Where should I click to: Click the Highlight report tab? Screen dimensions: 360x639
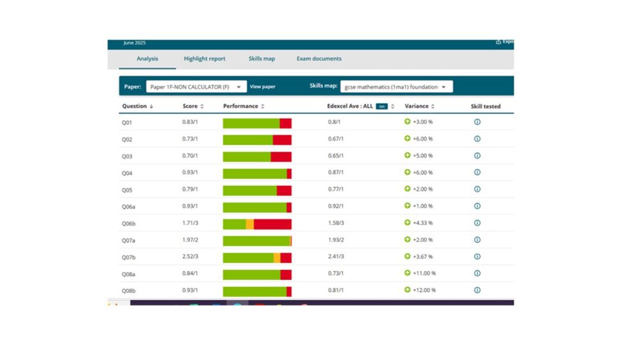pos(204,59)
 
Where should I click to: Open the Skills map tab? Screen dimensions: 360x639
pos(261,59)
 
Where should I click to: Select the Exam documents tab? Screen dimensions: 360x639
pos(319,59)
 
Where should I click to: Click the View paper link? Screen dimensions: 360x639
pos(263,86)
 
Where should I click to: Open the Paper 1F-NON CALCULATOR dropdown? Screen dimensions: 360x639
pos(196,86)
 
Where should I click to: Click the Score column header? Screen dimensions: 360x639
pos(192,106)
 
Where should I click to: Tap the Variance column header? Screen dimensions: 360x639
pos(419,106)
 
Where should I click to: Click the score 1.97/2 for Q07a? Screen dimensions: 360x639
pos(190,240)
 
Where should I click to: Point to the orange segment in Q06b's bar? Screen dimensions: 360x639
pos(250,224)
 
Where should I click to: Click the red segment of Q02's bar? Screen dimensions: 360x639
pos(282,139)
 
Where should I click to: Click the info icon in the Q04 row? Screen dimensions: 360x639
pos(477,173)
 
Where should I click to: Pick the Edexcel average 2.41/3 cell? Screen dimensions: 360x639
pos(335,256)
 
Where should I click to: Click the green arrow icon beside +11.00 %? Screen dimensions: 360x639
pos(408,273)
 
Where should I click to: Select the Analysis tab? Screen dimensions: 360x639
pos(147,59)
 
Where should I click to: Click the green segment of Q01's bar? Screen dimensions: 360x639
pos(250,123)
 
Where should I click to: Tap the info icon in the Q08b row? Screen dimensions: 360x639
pos(477,290)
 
